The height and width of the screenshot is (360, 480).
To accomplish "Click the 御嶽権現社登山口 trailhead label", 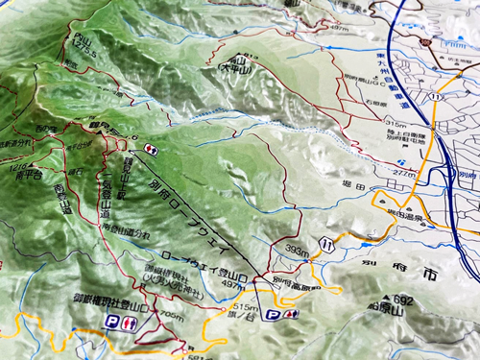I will pos(108,300).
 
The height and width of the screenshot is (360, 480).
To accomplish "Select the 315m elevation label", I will pos(393,125).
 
